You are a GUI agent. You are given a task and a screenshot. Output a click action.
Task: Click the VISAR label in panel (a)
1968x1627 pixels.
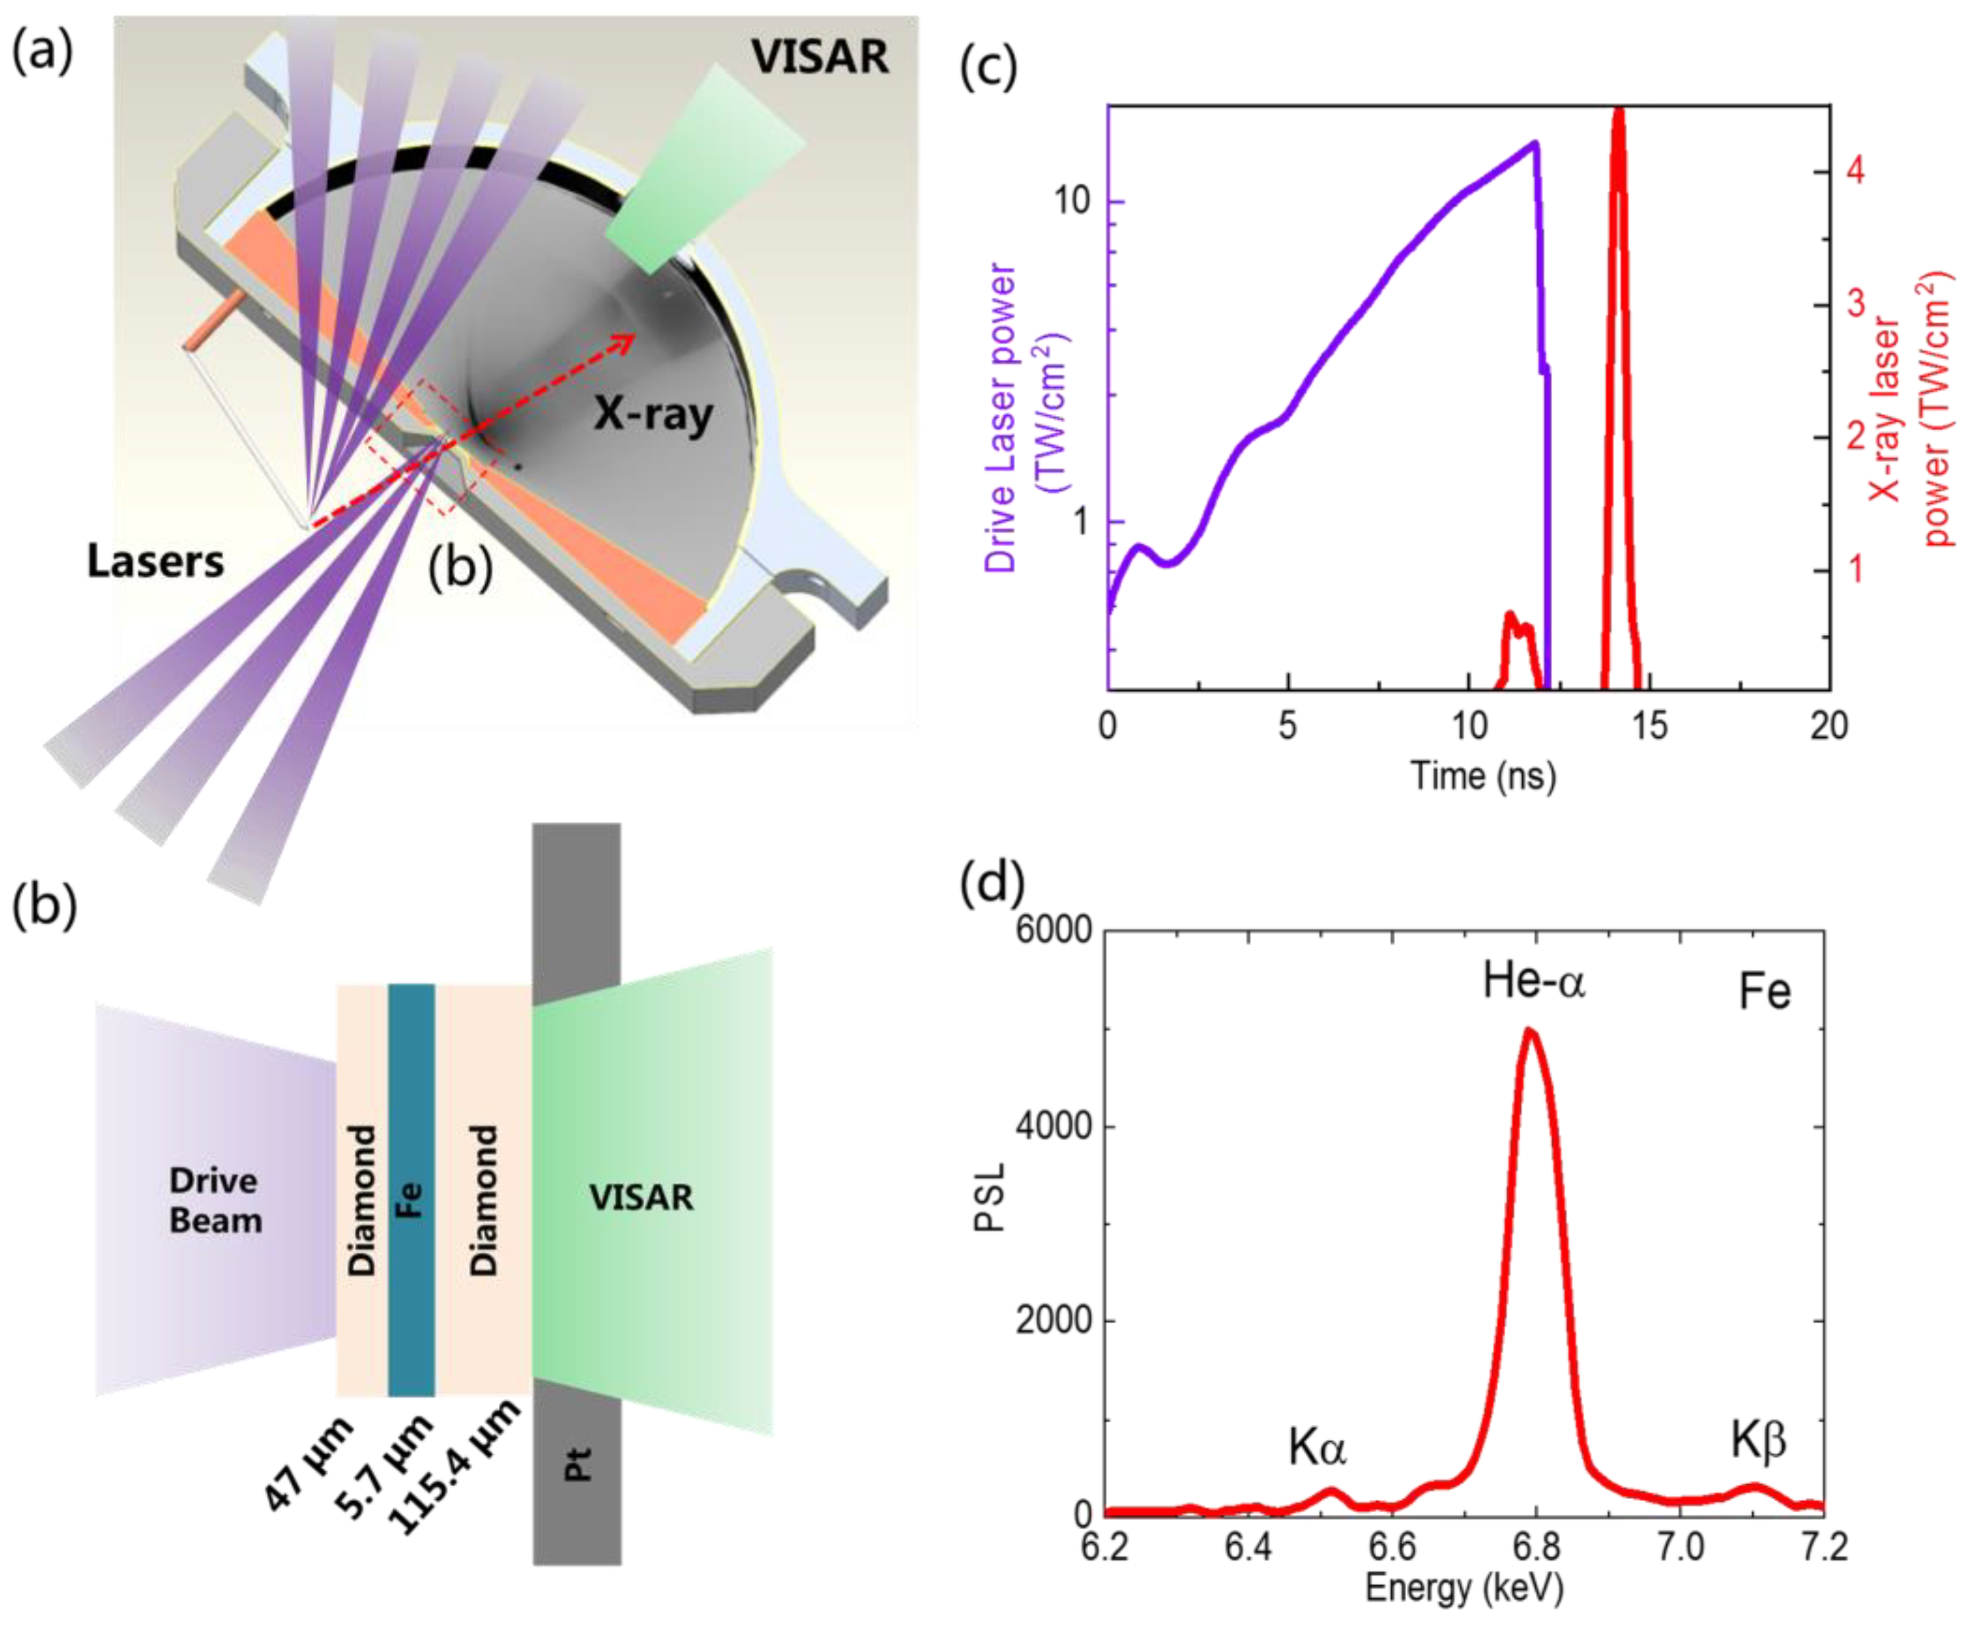[x=819, y=58]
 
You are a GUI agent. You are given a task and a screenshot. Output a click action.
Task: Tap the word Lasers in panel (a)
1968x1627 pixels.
[x=155, y=561]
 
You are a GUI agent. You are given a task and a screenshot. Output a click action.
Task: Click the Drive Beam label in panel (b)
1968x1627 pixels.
[x=215, y=1200]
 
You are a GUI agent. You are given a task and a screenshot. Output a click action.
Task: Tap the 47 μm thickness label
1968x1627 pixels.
[x=310, y=1462]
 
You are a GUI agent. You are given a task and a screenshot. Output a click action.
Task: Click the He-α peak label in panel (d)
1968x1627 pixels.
[x=1534, y=982]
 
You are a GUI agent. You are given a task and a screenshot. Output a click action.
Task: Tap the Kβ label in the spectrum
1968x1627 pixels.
[x=1758, y=1441]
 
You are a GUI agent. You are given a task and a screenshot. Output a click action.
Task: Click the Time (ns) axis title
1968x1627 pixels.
[x=1483, y=776]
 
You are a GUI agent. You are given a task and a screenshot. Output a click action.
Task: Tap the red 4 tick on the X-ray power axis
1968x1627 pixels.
[x=1855, y=171]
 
